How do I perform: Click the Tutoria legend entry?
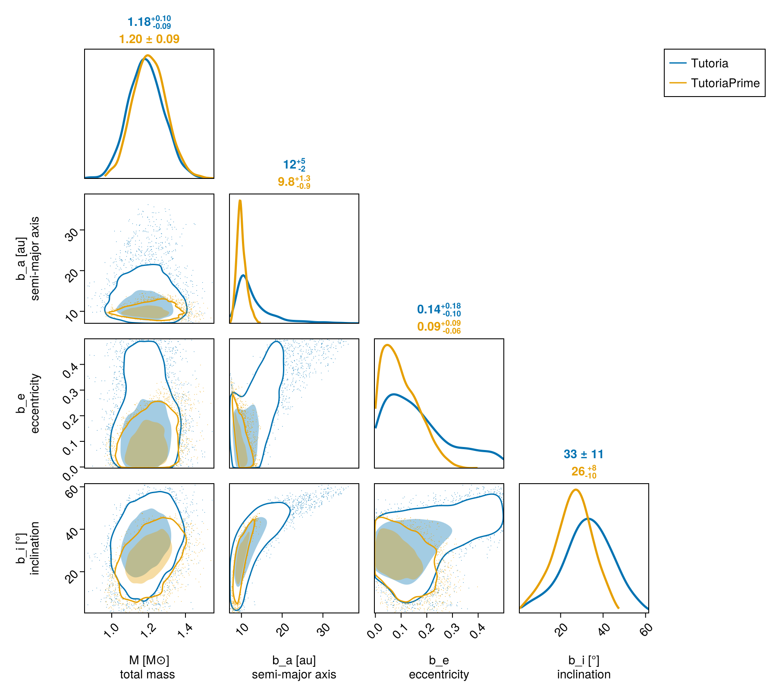coord(709,63)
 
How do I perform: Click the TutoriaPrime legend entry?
coord(725,83)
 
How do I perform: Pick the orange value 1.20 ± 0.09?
coord(149,39)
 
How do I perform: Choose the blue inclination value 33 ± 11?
coord(584,454)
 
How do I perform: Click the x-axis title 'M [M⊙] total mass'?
coord(148,667)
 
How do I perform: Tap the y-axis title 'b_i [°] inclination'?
coord(28,548)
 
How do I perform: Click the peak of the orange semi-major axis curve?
coord(240,200)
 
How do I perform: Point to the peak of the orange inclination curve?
coord(575,490)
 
